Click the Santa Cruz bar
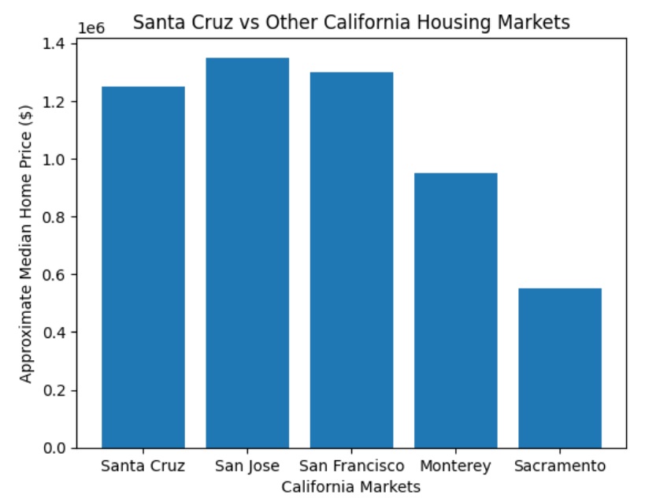pyautogui.click(x=143, y=267)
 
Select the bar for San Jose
pyautogui.click(x=247, y=253)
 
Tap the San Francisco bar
pyautogui.click(x=351, y=260)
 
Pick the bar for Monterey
pyautogui.click(x=455, y=310)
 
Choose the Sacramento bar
pyautogui.click(x=559, y=368)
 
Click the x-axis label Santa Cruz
pyautogui.click(x=143, y=466)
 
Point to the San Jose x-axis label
pyautogui.click(x=247, y=466)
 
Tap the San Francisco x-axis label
pyautogui.click(x=351, y=466)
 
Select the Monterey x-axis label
pyautogui.click(x=455, y=466)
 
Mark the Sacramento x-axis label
pyautogui.click(x=559, y=466)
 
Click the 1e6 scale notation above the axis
pyautogui.click(x=91, y=28)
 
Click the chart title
pyautogui.click(x=351, y=22)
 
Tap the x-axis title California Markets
pyautogui.click(x=351, y=487)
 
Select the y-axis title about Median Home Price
pyautogui.click(x=27, y=246)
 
